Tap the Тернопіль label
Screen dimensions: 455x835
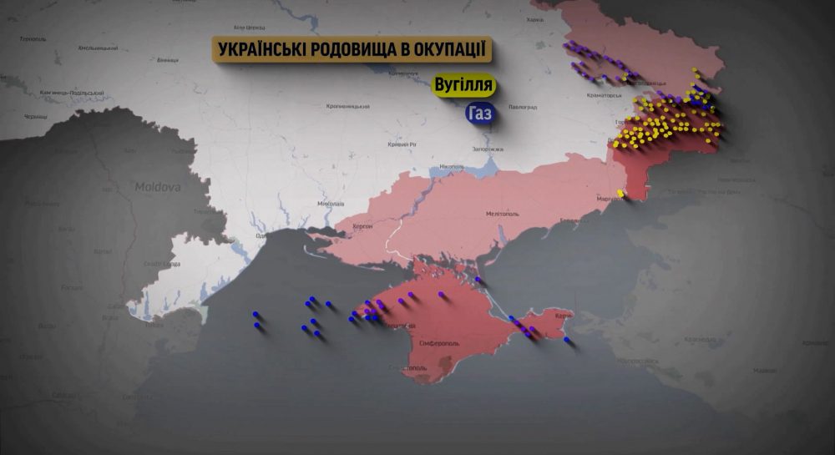pyautogui.click(x=33, y=38)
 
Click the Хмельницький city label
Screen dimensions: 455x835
pyautogui.click(x=96, y=48)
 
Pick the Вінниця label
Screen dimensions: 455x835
pyautogui.click(x=168, y=60)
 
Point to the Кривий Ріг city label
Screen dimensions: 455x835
pyautogui.click(x=402, y=144)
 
